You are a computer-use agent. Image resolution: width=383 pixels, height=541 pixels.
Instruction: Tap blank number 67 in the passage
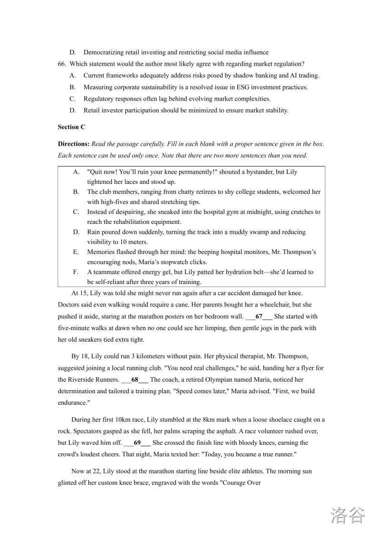(x=259, y=317)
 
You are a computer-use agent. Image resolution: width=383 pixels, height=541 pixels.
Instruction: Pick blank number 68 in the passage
(x=135, y=380)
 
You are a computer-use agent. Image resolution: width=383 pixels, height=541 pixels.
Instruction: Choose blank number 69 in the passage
(x=137, y=443)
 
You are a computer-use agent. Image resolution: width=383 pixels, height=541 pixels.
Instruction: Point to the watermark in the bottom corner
(x=348, y=515)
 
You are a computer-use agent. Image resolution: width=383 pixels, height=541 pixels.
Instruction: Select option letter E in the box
(x=76, y=252)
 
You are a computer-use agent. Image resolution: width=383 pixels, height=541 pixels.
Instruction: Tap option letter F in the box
(x=76, y=272)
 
